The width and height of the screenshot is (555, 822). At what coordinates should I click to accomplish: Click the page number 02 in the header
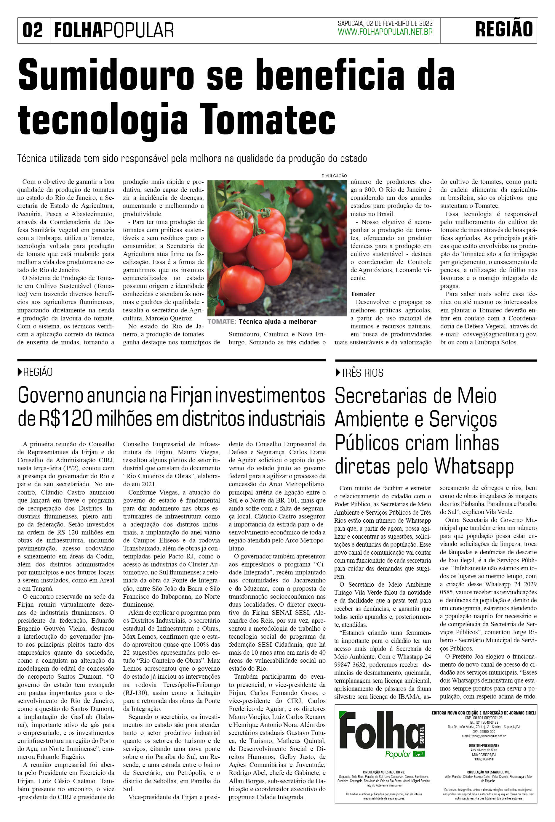tap(33, 30)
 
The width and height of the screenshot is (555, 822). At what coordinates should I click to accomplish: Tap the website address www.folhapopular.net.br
tap(385, 32)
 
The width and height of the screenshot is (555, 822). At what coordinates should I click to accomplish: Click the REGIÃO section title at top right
tap(504, 30)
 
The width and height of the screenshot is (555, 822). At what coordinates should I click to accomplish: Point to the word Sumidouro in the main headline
tap(106, 75)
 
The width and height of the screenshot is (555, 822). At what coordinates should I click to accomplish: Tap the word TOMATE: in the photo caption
tap(222, 322)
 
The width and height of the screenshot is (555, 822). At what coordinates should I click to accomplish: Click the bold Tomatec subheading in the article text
tap(363, 294)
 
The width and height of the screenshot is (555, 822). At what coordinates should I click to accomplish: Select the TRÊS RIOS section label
tap(362, 373)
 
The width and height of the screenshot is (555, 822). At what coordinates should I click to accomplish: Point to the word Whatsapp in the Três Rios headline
tap(474, 466)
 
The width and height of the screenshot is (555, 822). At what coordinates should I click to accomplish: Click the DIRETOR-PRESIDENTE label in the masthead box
tap(484, 745)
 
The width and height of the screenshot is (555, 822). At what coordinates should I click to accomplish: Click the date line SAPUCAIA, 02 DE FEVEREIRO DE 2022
tap(385, 23)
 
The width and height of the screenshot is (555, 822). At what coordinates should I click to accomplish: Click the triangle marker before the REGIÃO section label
tap(20, 372)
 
